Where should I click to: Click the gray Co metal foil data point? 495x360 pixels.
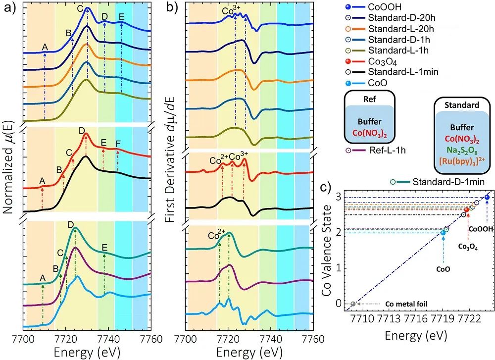(353, 304)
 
